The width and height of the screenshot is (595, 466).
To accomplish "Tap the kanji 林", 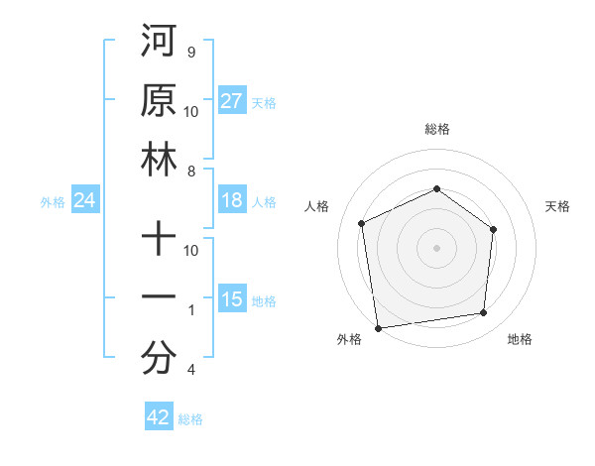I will (159, 160).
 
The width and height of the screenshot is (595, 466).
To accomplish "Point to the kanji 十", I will (159, 239).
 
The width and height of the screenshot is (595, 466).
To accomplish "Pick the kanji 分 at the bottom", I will (159, 359).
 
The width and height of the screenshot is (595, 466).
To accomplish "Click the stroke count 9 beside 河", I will (191, 51).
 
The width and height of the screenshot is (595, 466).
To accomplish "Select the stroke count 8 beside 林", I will (191, 172).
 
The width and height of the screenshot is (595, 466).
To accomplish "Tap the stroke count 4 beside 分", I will (191, 371).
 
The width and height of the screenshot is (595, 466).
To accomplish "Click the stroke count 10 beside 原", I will (191, 111).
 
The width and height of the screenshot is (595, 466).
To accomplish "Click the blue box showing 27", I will (232, 101).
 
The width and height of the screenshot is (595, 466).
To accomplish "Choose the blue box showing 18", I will (232, 201).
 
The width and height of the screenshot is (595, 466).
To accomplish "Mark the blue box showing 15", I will (232, 300).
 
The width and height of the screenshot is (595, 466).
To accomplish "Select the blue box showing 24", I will (85, 201).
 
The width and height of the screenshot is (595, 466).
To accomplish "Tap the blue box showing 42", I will (159, 417).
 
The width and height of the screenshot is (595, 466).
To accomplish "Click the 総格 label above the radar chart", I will (437, 129).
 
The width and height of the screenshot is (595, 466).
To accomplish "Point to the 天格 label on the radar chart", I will (557, 206).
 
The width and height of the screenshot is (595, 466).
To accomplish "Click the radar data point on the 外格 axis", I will (378, 327).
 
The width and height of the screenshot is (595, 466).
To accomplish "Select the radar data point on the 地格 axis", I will (484, 313).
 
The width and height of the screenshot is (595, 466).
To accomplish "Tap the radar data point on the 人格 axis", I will (362, 223).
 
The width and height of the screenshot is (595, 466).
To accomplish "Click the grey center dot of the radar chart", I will (437, 247).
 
